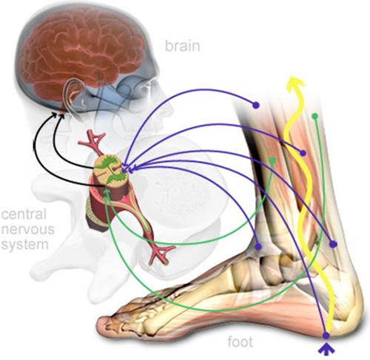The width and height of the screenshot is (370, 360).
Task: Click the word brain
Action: pos(182,46)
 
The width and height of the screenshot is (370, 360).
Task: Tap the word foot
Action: pos(240,342)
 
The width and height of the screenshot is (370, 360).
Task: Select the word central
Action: pos(24,214)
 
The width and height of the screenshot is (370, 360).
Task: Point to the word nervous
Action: pos(27,229)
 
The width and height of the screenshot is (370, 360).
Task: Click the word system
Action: pos(24,245)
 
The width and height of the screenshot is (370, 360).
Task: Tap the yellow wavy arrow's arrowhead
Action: pos(296,83)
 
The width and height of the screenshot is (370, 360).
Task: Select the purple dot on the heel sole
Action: pos(326,336)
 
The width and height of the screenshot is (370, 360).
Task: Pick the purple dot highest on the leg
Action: pos(256,105)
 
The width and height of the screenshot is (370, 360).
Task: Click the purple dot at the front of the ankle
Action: pos(258,246)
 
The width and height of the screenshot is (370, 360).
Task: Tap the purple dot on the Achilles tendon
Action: pos(333,244)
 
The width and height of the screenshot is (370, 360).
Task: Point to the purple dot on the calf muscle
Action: pos(303,153)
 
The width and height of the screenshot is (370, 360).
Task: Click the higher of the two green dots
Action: pos(314,116)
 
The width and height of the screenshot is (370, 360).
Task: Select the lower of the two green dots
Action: pos(272,160)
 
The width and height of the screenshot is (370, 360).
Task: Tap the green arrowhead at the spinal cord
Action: pos(107,193)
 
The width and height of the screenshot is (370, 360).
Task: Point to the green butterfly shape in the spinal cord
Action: pos(110,169)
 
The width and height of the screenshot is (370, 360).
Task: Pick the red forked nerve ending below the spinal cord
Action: pos(161,253)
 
